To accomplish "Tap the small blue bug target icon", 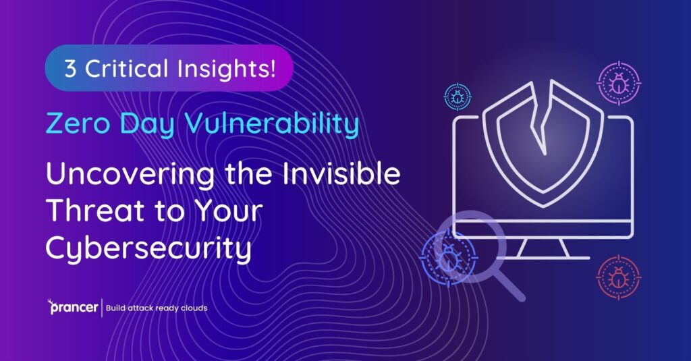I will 458,97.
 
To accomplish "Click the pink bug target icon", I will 618,84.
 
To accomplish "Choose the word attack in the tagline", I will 135,308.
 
